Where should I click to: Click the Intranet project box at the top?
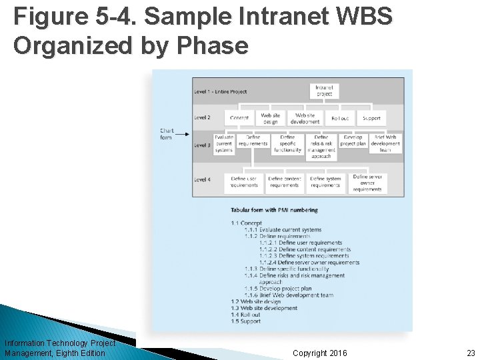[x=325, y=91]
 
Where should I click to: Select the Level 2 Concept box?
[x=239, y=118]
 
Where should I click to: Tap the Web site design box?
[x=271, y=118]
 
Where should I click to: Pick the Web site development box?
[x=305, y=118]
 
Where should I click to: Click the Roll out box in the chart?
[x=339, y=118]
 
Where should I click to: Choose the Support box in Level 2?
[x=371, y=118]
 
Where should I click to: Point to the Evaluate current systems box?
[x=224, y=143]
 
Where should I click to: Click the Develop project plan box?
[x=353, y=141]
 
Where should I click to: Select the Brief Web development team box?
[x=385, y=143]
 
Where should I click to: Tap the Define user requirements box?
[x=244, y=181]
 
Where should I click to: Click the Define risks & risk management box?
[x=321, y=147]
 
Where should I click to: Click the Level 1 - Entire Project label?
[x=220, y=91]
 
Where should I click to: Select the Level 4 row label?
[x=202, y=179]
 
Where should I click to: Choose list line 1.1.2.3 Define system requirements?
[x=304, y=256]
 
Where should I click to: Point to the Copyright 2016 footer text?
[x=319, y=353]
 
